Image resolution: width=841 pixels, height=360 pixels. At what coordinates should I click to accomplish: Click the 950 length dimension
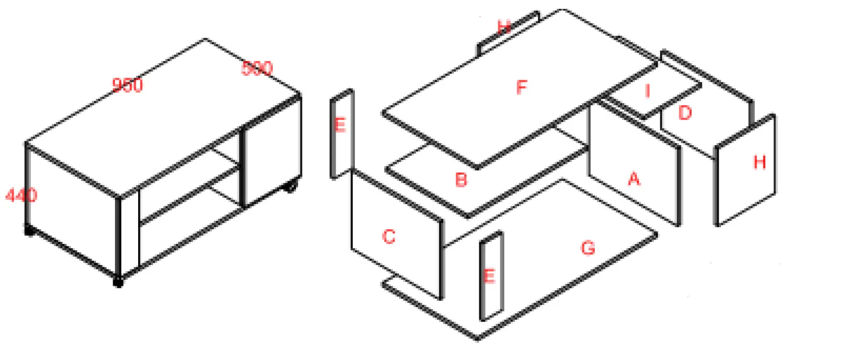(127, 85)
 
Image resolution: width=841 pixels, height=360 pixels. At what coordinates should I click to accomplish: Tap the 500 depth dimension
(257, 68)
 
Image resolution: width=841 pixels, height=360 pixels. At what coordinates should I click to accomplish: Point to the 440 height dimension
(21, 195)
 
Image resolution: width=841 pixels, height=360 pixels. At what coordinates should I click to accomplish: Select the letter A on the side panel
(634, 179)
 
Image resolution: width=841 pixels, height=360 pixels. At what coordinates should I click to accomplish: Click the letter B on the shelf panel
(461, 180)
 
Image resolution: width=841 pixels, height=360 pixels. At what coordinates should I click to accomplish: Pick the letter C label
(388, 237)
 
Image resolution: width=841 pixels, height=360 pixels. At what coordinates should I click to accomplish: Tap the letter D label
(685, 113)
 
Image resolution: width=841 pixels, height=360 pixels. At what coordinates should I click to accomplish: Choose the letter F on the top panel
(522, 88)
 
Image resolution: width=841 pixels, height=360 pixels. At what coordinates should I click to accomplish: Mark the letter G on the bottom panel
(588, 247)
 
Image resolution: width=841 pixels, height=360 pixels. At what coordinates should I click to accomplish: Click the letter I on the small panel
(647, 91)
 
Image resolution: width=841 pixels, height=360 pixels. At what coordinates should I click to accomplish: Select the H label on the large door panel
(759, 162)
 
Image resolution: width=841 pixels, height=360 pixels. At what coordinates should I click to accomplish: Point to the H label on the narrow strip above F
(504, 27)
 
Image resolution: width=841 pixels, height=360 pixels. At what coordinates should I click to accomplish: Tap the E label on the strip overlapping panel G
(489, 276)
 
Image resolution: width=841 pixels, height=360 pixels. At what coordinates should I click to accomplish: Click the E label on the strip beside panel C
(340, 125)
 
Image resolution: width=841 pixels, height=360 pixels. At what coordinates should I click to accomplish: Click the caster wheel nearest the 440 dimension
(29, 230)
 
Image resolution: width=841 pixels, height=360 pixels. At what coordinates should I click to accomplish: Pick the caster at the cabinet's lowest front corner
(118, 282)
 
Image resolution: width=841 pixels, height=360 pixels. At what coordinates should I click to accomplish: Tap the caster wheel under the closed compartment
(291, 186)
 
